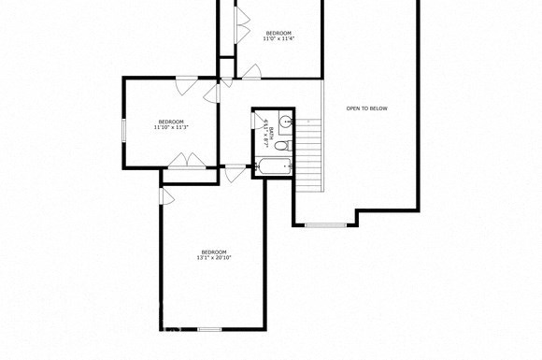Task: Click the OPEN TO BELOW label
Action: pos(366,108)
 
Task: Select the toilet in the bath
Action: pos(261,120)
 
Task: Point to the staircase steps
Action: pos(308,150)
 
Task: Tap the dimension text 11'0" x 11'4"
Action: pos(278,39)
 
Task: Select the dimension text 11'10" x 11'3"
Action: pos(171,127)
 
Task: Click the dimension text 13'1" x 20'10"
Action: pos(214,257)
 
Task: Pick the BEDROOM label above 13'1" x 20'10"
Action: pos(214,252)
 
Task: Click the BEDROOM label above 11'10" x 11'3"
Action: pos(171,122)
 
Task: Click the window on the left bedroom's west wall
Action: pos(124,129)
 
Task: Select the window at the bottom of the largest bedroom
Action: pos(209,329)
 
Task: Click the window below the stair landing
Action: pos(324,224)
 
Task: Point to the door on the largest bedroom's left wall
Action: pos(165,196)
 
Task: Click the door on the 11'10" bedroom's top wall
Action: pos(186,84)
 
